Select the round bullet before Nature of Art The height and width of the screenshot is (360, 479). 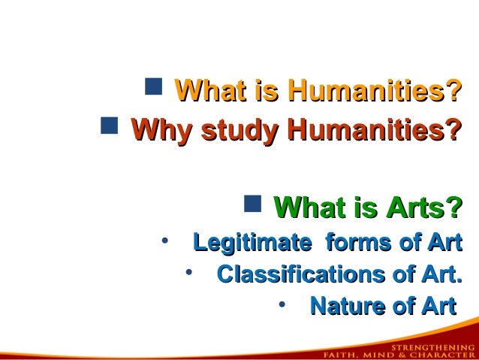point(281,304)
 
